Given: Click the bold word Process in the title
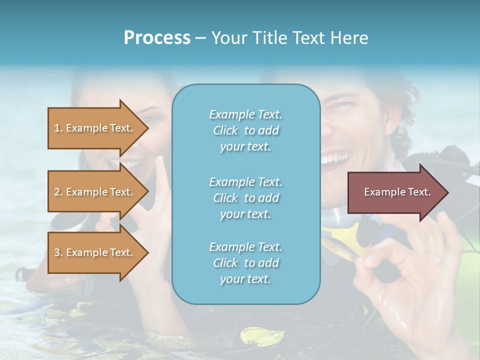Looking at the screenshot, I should (157, 38).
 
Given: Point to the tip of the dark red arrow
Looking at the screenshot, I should (447, 192).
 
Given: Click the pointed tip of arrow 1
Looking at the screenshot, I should (147, 128).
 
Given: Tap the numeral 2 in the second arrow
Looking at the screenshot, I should (57, 192).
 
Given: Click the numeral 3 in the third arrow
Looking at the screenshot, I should (57, 252).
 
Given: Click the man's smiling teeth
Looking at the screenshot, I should (336, 159).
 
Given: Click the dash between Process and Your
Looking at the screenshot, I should (201, 38).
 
